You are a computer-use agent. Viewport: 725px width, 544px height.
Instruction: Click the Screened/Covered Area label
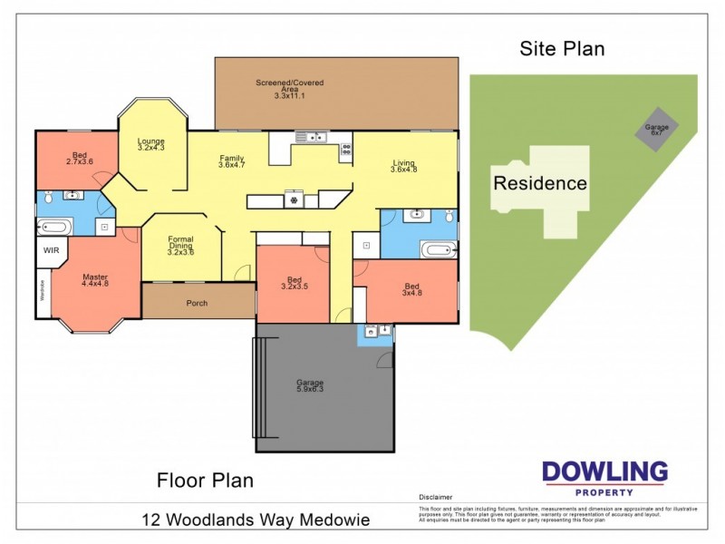click(289, 87)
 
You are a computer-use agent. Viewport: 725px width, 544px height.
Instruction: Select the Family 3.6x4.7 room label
click(232, 162)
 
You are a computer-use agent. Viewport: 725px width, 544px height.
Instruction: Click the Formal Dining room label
click(180, 246)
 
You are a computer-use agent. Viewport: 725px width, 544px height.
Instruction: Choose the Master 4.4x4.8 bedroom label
click(95, 279)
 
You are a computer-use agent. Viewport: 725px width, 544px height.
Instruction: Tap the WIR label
click(50, 249)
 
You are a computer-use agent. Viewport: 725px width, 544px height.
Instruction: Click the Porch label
click(197, 303)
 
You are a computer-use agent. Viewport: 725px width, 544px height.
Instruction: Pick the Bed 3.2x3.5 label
click(295, 283)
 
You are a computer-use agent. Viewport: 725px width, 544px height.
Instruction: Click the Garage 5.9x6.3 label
click(310, 385)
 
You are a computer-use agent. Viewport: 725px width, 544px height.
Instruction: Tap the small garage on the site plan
click(656, 131)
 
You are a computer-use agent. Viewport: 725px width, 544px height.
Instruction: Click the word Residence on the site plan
click(539, 183)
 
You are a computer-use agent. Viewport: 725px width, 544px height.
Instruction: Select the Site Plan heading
click(561, 49)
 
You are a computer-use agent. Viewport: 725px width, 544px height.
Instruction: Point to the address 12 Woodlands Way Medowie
click(256, 520)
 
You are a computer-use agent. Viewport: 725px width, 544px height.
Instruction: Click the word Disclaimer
click(435, 498)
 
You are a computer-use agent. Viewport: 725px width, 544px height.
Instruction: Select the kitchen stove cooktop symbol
click(293, 198)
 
